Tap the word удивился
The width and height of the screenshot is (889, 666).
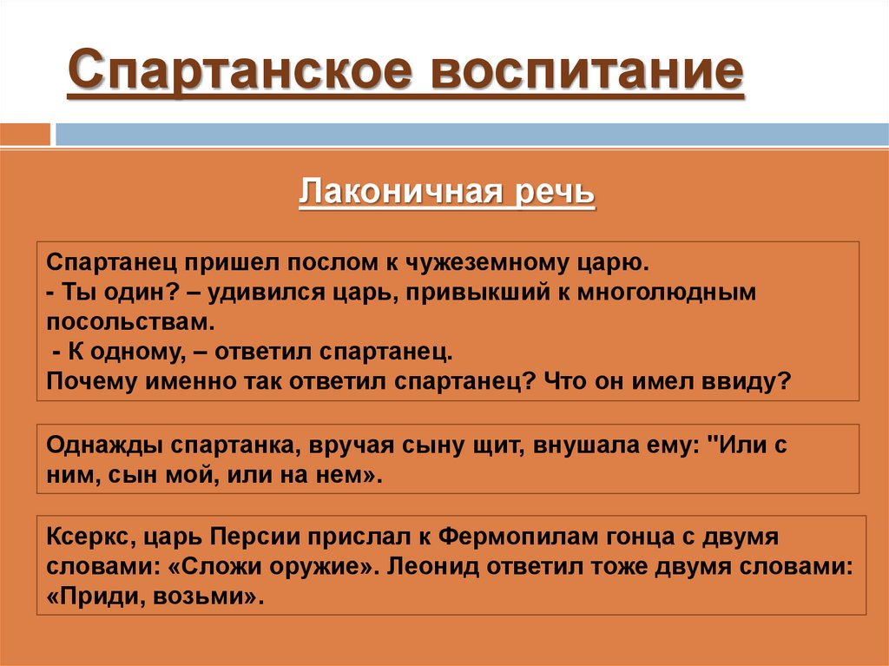pos(256,293)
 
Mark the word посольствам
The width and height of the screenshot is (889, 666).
pos(129,323)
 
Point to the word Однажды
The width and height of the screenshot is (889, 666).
pos(103,446)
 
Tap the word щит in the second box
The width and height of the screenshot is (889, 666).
pos(490,446)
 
